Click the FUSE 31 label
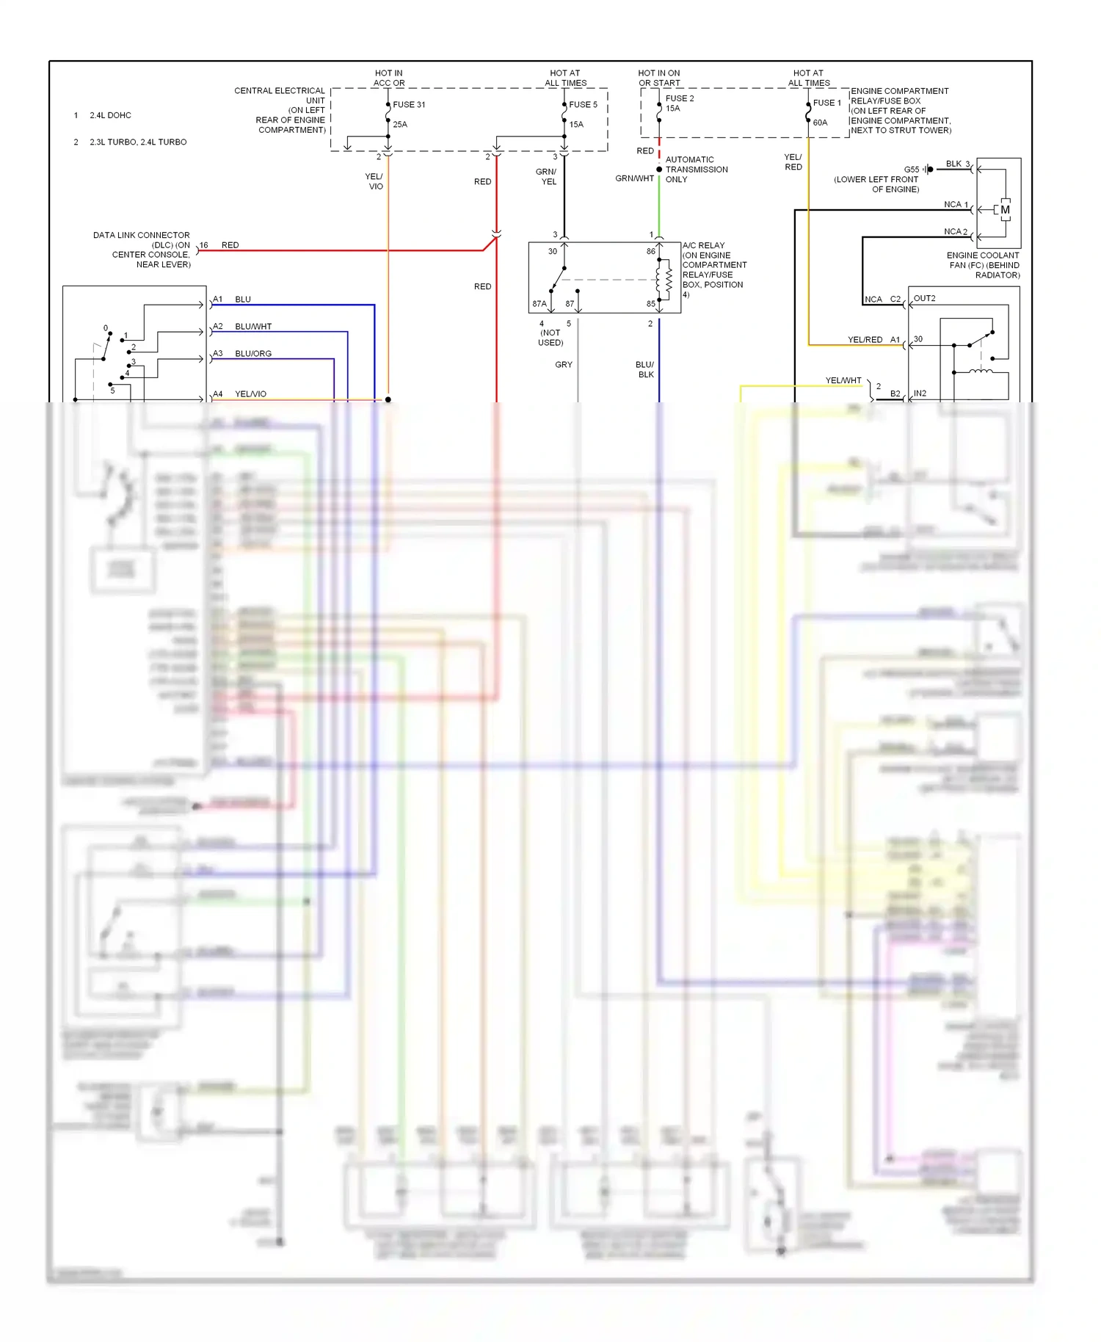point(409,104)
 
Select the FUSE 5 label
point(583,104)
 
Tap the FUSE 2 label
point(679,98)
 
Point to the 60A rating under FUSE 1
point(820,123)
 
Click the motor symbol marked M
point(1005,210)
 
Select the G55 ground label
point(911,170)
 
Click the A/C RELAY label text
point(703,245)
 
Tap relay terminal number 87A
point(539,304)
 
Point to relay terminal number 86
point(650,251)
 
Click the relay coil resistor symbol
point(669,280)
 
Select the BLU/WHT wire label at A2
point(253,327)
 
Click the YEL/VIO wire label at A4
point(250,394)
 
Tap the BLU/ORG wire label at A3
point(253,354)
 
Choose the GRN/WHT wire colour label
point(634,178)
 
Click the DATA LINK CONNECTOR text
point(141,235)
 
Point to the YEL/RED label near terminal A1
point(865,340)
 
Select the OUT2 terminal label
point(924,299)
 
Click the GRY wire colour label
point(563,365)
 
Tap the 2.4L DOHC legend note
point(110,115)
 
